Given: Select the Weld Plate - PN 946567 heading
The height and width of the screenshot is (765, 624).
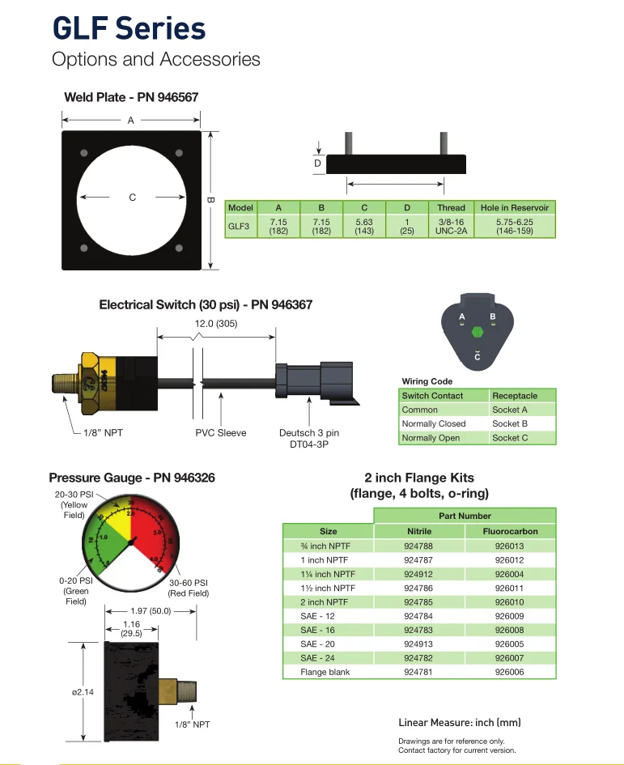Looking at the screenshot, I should [x=131, y=97].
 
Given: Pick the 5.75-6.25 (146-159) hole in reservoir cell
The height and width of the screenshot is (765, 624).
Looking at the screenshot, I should [x=514, y=226].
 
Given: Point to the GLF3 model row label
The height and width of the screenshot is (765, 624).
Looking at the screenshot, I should [x=239, y=226].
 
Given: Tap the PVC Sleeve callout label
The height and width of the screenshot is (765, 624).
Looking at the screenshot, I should [x=220, y=433].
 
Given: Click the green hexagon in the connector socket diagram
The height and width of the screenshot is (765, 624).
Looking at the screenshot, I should [x=477, y=330].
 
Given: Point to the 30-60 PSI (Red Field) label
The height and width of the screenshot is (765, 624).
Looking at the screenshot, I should [x=189, y=588].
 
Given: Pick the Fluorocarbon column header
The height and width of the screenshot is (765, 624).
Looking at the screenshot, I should [x=510, y=531].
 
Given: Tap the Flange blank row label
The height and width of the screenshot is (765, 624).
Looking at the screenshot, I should [x=324, y=672].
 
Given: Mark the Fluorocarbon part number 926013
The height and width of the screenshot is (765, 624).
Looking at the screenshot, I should [x=510, y=546].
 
